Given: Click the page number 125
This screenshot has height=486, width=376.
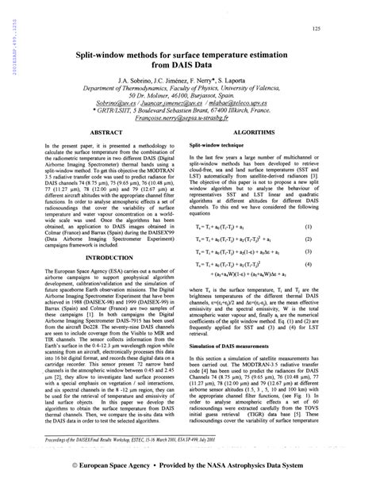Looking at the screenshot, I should (316, 29).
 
